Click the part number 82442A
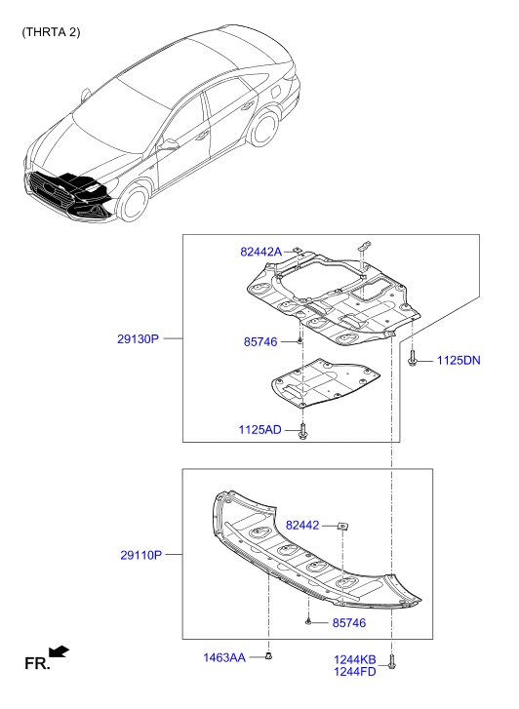pos(260,252)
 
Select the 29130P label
pos(138,338)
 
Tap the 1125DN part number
pos(459,361)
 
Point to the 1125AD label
pos(259,429)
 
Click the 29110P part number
pos(140,555)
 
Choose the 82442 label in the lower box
pos(302,526)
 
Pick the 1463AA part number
pos(224,657)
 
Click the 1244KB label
pos(355,660)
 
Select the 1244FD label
pos(355,672)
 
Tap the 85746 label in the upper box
pos(260,342)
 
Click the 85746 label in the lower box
pos(349,623)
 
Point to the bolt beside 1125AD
pos(302,430)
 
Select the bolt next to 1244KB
pos(392,661)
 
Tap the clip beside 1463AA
pos(269,655)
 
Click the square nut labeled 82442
pos(343,526)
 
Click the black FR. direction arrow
pos(60,651)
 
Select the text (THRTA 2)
pos(51,32)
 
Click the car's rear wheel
pos(264,129)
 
